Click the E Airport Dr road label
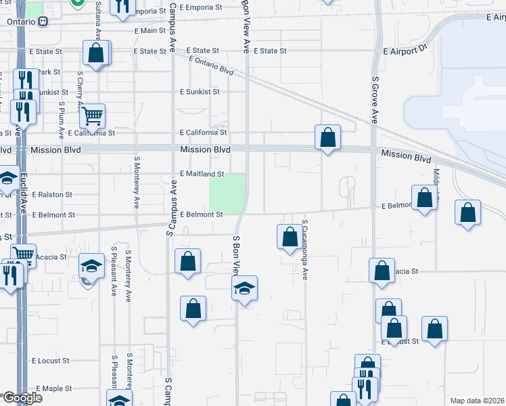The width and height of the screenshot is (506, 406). [406, 50]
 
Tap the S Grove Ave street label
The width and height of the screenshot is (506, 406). [374, 99]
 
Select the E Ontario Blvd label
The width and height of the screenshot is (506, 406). [211, 66]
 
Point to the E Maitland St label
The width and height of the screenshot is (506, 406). [202, 175]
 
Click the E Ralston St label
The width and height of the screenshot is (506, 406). [51, 195]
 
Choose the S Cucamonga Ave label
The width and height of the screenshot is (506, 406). [305, 249]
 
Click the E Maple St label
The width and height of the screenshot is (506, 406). [54, 388]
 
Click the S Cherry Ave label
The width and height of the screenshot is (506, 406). [80, 89]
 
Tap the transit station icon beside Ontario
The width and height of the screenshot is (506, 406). [43, 21]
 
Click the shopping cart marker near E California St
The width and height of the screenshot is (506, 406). [92, 115]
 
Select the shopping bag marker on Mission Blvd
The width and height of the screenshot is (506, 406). [327, 137]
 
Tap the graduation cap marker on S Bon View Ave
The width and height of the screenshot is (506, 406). [244, 288]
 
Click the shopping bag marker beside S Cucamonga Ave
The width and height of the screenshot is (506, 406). [290, 237]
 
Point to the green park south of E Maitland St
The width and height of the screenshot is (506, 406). [227, 193]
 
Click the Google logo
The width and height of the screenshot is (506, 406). [22, 398]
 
